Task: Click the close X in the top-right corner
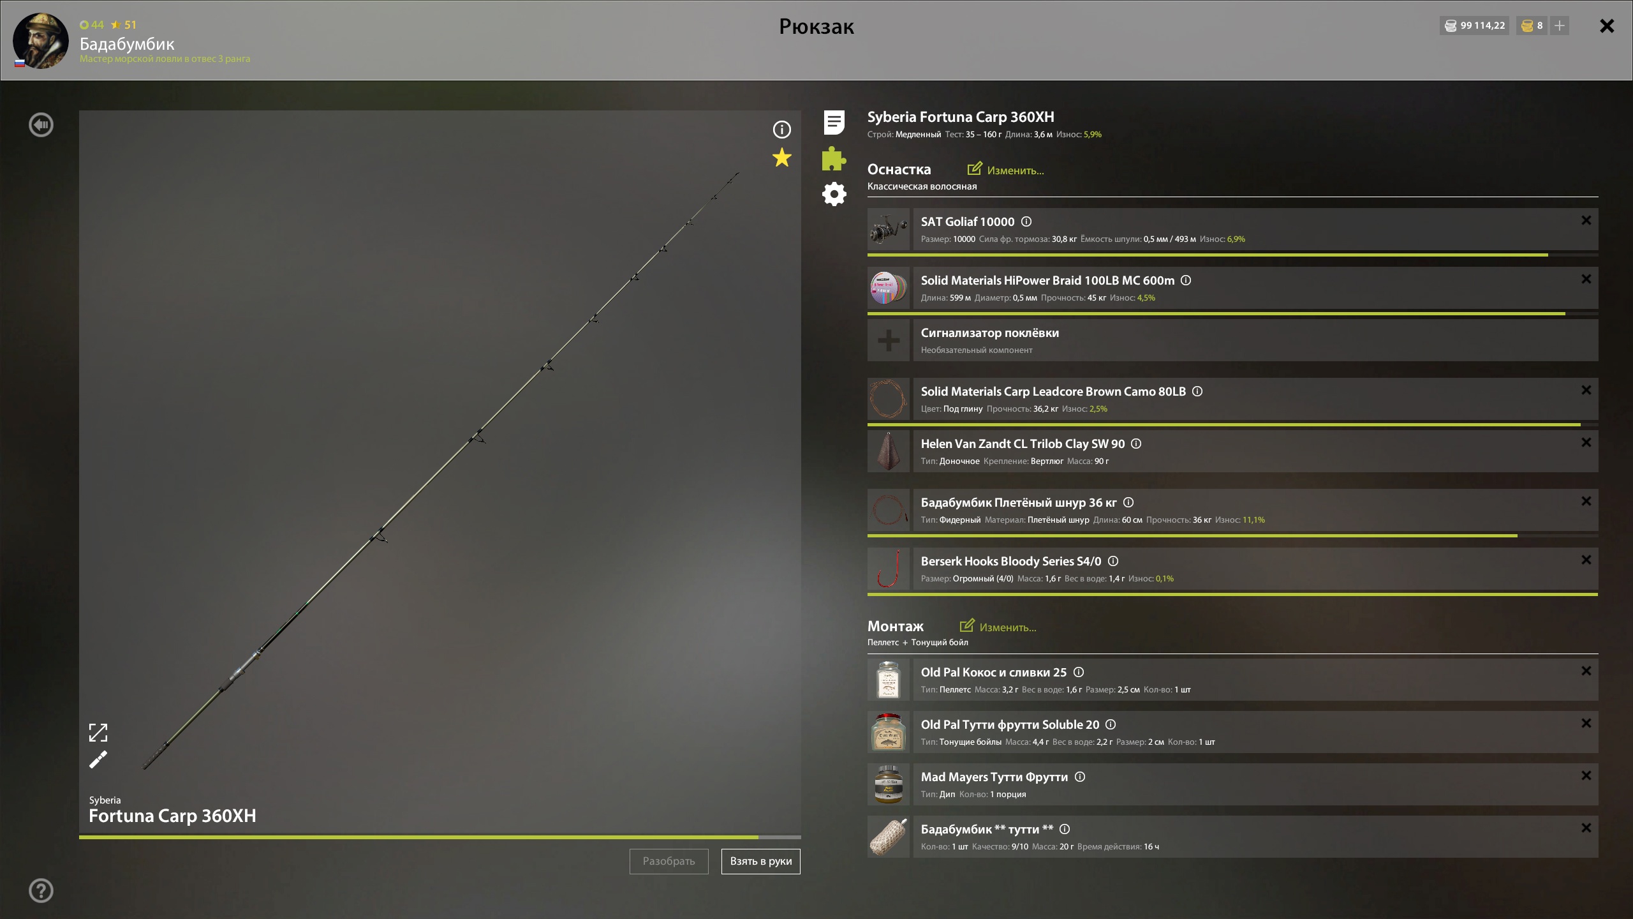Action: coord(1607,26)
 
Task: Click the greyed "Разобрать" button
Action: coord(669,861)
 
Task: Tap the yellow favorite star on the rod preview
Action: coord(781,158)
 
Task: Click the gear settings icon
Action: coord(834,194)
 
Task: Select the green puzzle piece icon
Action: coord(834,158)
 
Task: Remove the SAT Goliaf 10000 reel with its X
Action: coord(1586,220)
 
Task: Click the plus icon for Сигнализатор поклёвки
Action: coord(889,340)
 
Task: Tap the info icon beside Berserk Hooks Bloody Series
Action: coord(1113,561)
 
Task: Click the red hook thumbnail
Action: coord(889,569)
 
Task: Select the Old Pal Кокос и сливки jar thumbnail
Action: coord(889,680)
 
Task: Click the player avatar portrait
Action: coord(41,41)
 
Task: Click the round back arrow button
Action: coord(41,124)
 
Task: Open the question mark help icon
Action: coord(41,890)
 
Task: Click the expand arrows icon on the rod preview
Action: coord(98,733)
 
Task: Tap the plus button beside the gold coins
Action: coord(1560,26)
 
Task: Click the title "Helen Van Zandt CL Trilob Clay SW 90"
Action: coord(1023,444)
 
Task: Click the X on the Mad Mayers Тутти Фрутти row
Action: coord(1586,775)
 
